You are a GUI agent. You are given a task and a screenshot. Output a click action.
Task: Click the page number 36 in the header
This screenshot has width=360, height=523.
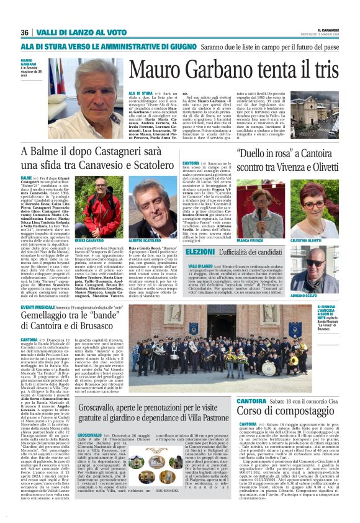click(25, 32)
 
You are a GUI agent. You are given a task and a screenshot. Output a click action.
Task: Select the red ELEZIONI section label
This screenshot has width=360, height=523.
click(200, 253)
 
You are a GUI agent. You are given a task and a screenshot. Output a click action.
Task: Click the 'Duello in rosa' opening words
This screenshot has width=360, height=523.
click(260, 153)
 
